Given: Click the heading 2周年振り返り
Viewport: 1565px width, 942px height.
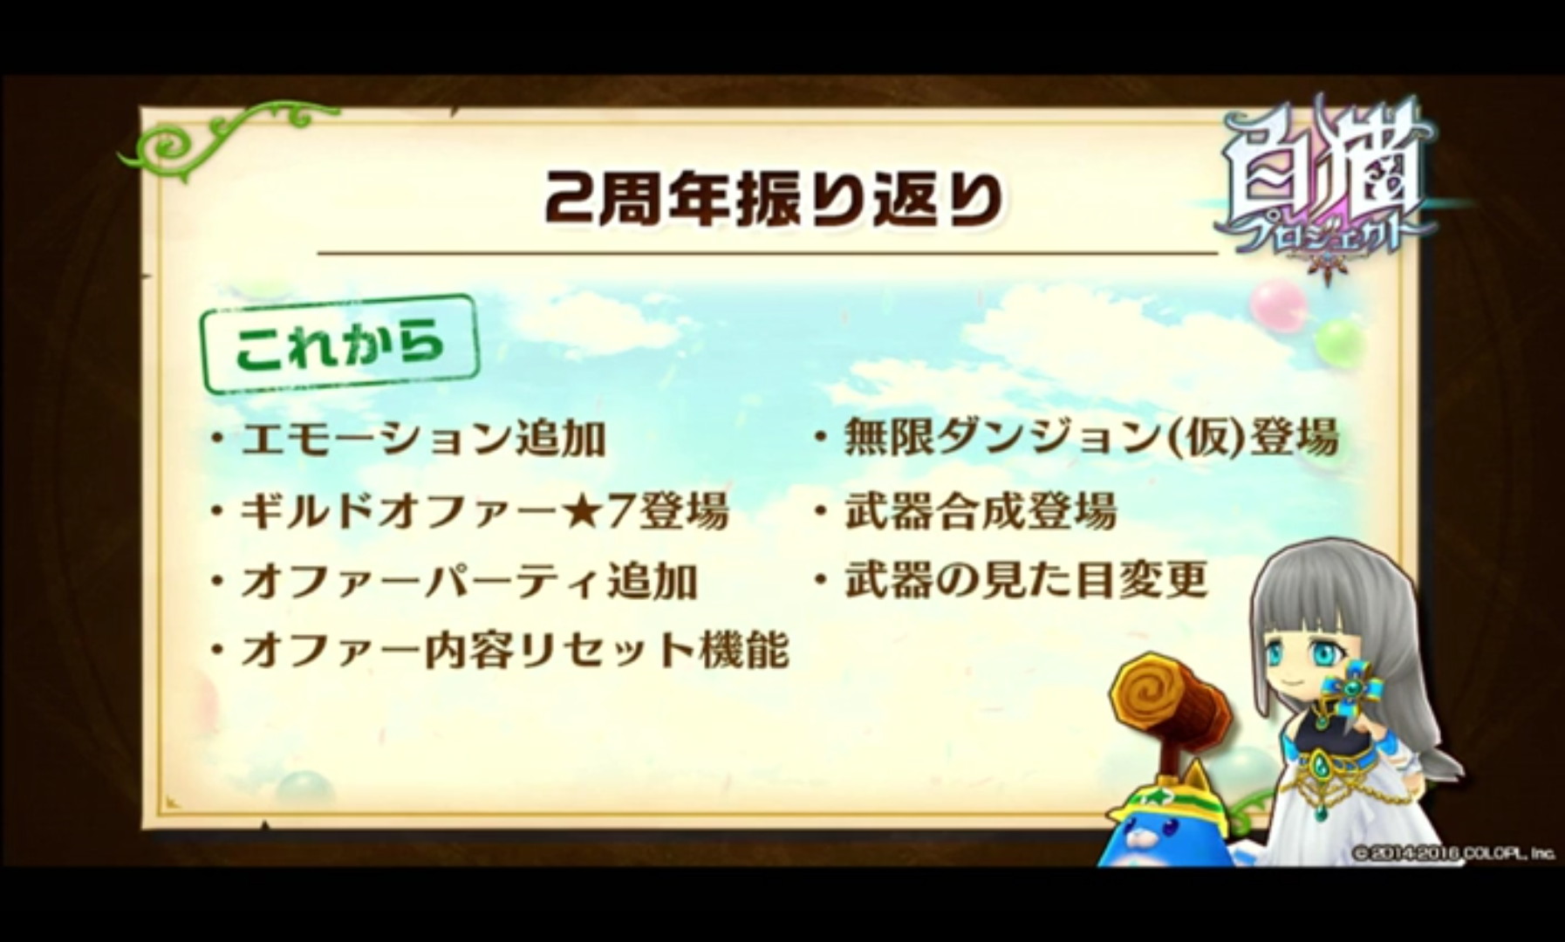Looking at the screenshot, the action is tap(774, 200).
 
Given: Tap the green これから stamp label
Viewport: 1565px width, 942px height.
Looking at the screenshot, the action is tap(340, 345).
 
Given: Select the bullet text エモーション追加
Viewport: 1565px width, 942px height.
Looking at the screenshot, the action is tap(423, 439).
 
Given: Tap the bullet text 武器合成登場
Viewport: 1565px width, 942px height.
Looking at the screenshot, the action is tap(981, 510).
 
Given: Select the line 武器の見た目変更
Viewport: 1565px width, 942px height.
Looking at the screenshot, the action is tap(1026, 580).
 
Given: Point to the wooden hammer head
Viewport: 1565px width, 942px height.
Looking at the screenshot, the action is tap(1170, 703).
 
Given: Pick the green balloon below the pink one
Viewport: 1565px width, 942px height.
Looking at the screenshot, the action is tap(1338, 344).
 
